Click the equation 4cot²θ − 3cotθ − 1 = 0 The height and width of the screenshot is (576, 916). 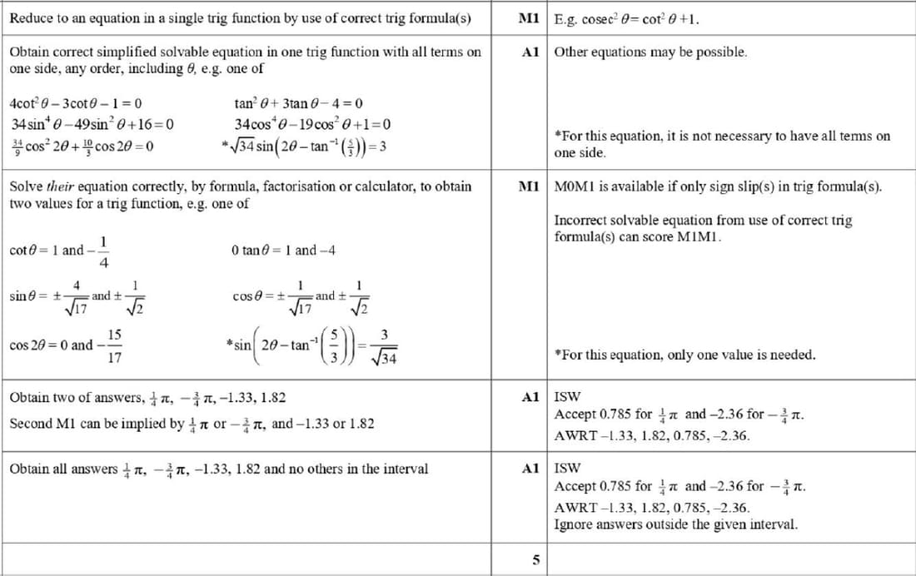pyautogui.click(x=75, y=104)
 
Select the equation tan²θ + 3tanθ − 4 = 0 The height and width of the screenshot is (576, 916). pyautogui.click(x=299, y=104)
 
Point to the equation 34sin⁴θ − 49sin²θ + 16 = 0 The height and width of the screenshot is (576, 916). pyautogui.click(x=92, y=125)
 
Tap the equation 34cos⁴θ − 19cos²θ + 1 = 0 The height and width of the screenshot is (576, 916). pyautogui.click(x=312, y=125)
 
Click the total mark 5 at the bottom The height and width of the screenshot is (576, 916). pyautogui.click(x=535, y=561)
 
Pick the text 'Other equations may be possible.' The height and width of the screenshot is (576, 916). pyautogui.click(x=650, y=52)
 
